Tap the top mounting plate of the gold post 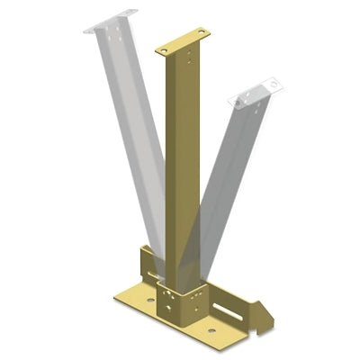(183, 42)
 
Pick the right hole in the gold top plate (201, 35)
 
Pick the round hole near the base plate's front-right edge (211, 330)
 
